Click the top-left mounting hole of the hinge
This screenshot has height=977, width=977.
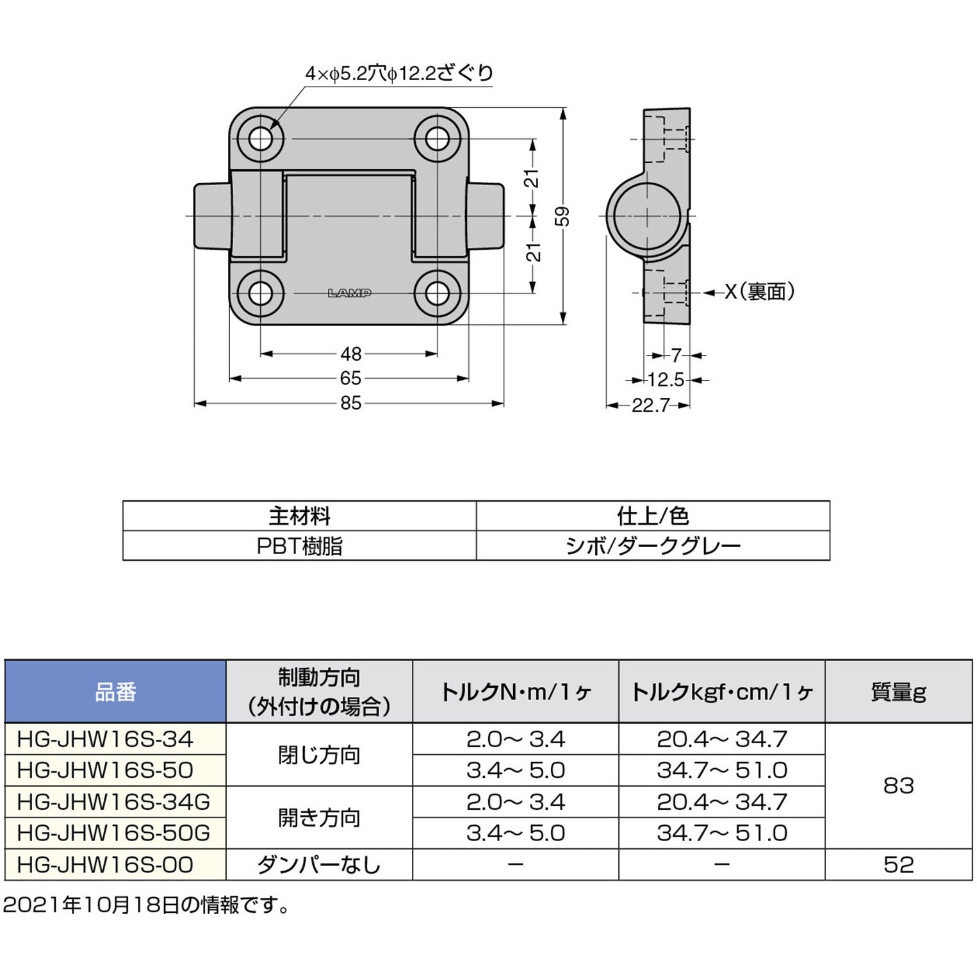coord(261,138)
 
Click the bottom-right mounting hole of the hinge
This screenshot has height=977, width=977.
coord(437,293)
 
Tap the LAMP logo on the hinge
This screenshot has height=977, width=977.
coord(350,293)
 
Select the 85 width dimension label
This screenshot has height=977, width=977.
coord(351,403)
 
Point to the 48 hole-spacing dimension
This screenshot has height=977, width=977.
coord(351,354)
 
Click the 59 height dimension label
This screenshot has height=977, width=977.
coord(562,216)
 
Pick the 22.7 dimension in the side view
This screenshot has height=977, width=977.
coord(650,405)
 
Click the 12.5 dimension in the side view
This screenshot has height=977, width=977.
coord(666,380)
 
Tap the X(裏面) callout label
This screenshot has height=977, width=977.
coord(760,292)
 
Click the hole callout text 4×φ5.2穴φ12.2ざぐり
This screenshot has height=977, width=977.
coord(399,74)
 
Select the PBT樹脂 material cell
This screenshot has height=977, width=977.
coord(299,546)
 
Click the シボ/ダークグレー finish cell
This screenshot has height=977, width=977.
coord(653,546)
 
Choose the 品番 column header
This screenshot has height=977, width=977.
coord(115,692)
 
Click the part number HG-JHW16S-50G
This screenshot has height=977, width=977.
coord(114,833)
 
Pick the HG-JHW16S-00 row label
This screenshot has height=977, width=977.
coord(105,865)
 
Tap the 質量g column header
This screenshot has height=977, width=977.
coord(898,692)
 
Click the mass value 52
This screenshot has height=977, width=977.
coord(898,865)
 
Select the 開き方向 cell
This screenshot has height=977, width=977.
coord(319,817)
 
